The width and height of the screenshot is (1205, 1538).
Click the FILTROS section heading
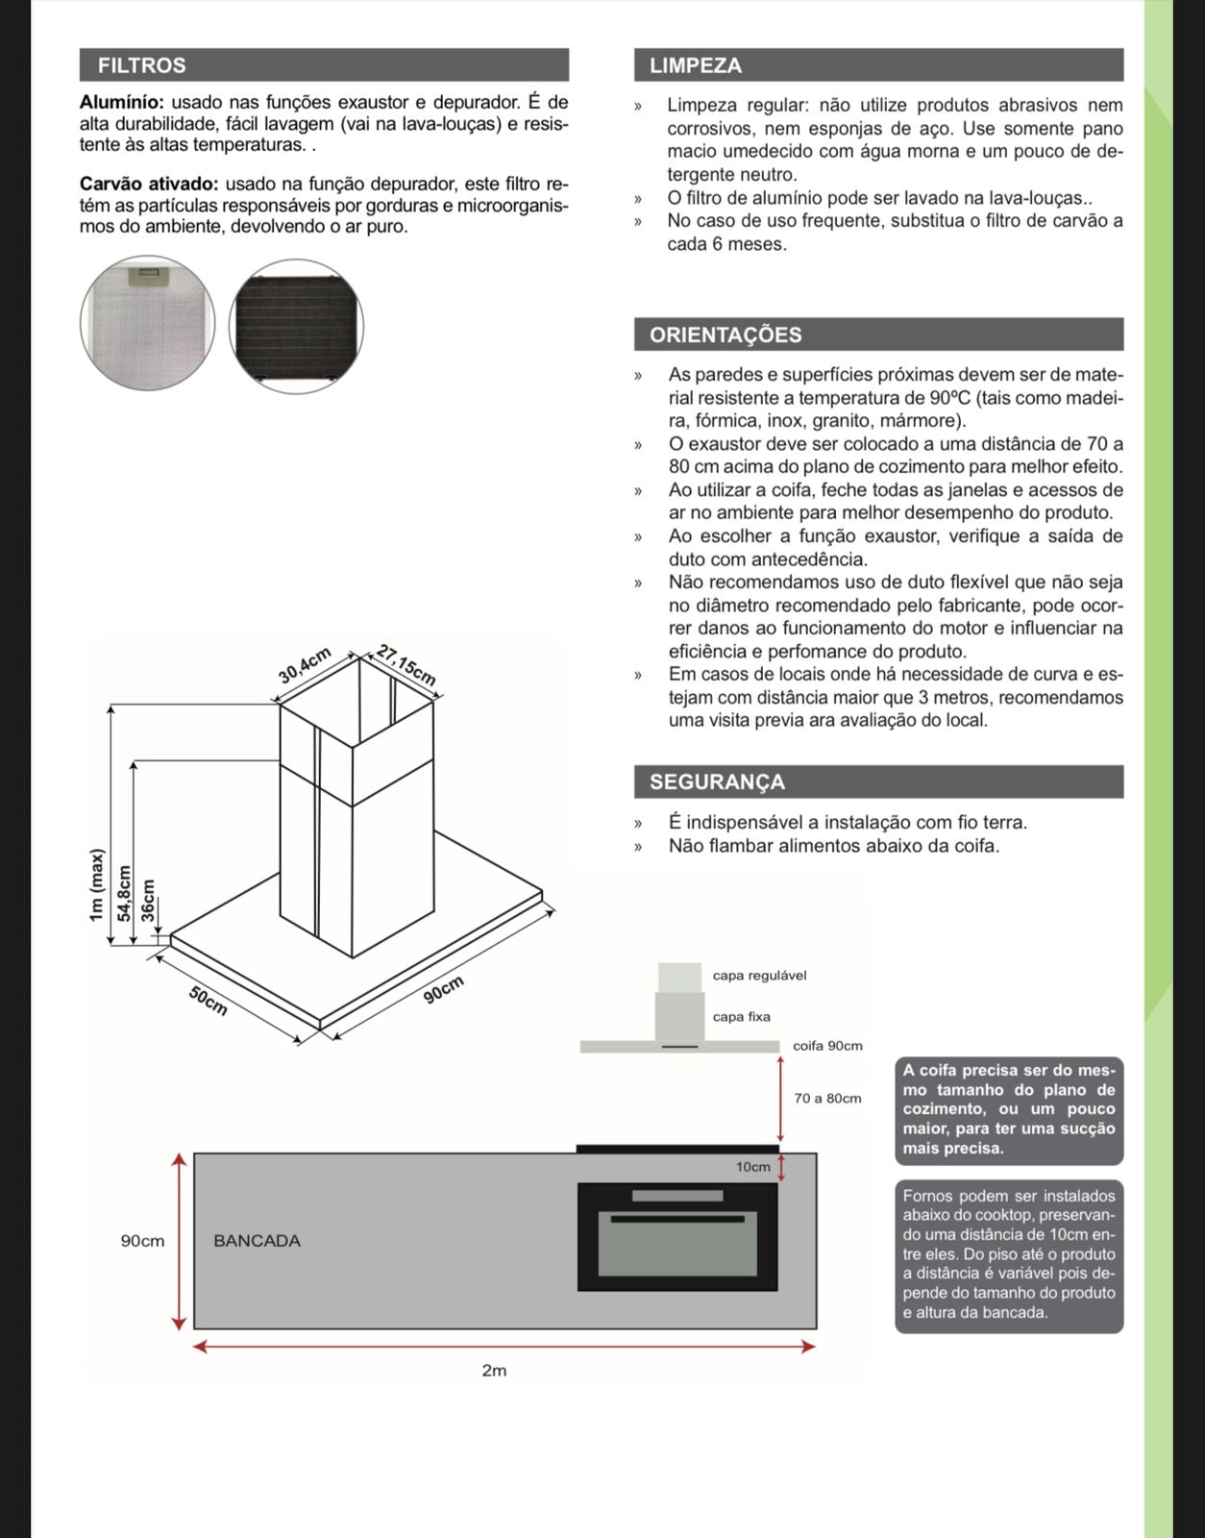click(x=142, y=65)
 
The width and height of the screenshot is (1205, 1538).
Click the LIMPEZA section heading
click(x=696, y=65)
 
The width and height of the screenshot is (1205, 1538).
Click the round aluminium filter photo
click(x=147, y=322)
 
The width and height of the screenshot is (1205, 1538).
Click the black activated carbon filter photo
click(x=297, y=326)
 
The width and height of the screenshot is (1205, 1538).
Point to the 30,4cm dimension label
click(x=306, y=665)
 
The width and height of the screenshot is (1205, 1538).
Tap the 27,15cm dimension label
click(x=406, y=664)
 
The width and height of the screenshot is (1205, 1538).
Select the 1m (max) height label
click(x=95, y=885)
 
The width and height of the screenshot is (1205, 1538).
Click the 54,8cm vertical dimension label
click(x=123, y=893)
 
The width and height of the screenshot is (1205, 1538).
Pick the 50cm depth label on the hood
click(x=208, y=1001)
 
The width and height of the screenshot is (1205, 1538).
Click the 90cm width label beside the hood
click(x=444, y=989)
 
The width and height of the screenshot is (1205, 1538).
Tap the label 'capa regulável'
click(x=759, y=975)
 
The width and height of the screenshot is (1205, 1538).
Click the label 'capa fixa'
click(x=741, y=1016)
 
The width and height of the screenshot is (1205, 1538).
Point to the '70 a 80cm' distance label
click(x=827, y=1098)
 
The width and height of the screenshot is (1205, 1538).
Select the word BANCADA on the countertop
click(x=257, y=1240)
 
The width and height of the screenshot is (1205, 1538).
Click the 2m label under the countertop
click(x=494, y=1370)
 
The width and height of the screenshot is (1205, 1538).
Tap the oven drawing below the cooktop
click(x=677, y=1236)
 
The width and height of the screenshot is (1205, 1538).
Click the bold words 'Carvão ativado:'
click(x=149, y=184)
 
